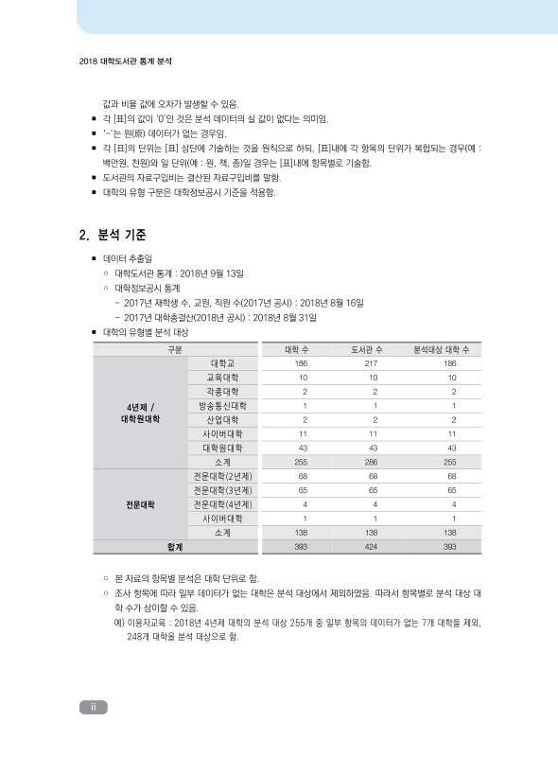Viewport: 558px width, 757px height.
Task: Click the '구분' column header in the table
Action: coord(175,349)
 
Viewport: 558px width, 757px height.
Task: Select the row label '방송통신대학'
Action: coord(223,405)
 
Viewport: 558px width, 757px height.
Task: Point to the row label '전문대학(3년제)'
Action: coord(223,490)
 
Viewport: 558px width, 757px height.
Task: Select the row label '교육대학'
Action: coord(223,378)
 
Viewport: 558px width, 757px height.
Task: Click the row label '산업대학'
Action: coord(223,419)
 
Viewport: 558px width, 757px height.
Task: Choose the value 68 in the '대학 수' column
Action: coord(302,476)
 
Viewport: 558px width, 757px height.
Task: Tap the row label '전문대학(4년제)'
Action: coord(223,504)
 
